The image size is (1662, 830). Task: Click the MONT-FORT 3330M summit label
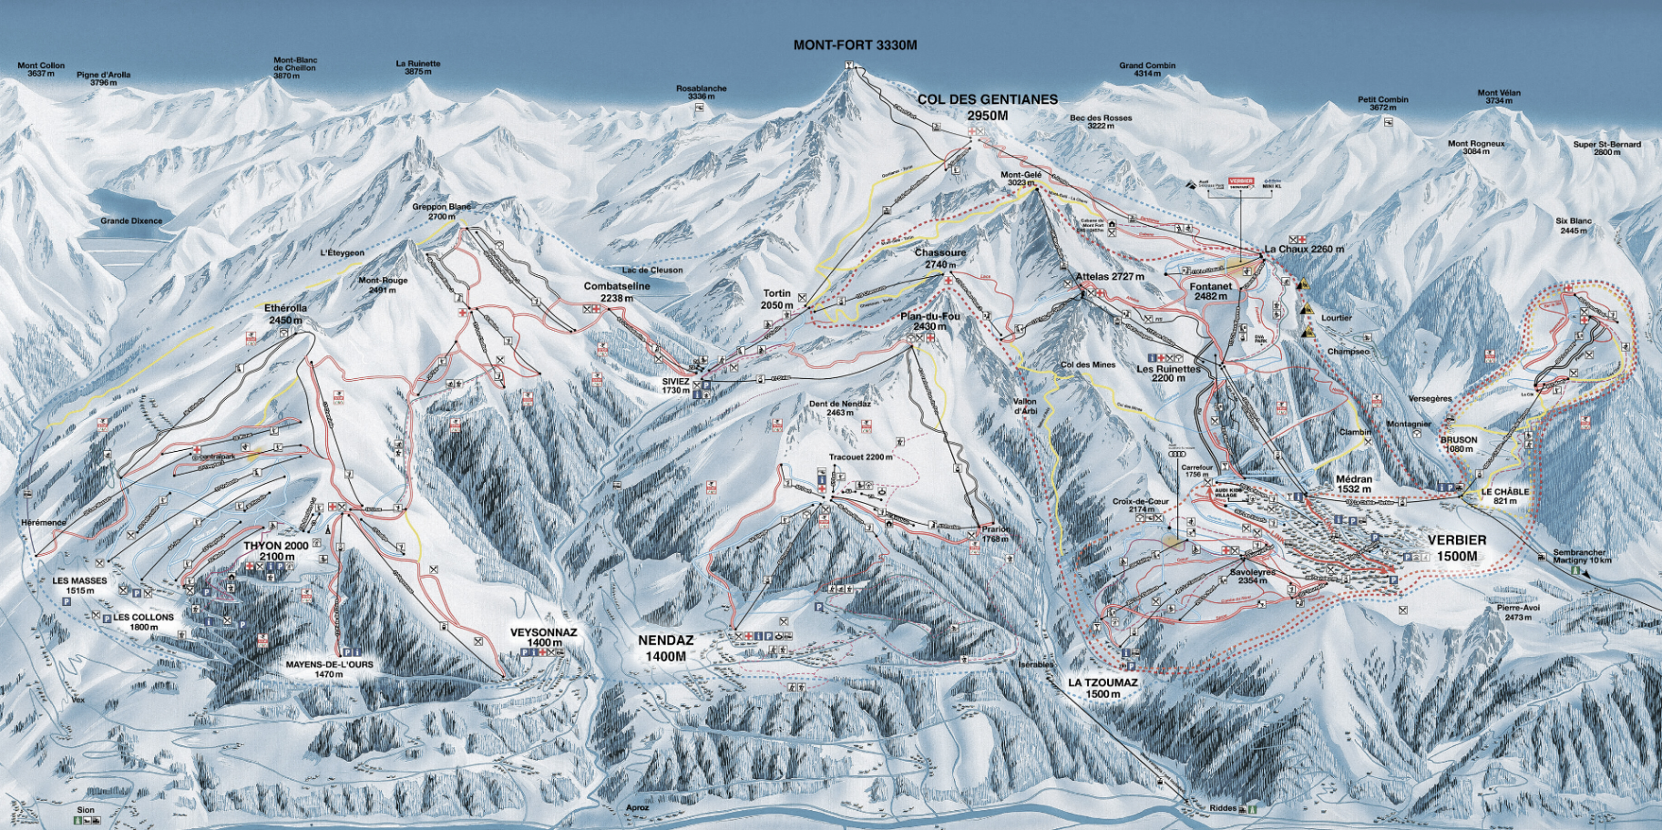(x=855, y=45)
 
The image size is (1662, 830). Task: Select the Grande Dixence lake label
(x=131, y=220)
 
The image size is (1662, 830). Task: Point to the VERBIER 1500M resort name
(x=1457, y=548)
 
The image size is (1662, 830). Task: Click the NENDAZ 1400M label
(x=665, y=648)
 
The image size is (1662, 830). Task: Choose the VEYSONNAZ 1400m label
(x=543, y=637)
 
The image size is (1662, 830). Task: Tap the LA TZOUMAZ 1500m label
(x=1103, y=688)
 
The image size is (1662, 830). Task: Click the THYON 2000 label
(x=275, y=550)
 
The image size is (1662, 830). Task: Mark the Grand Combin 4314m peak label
(x=1147, y=69)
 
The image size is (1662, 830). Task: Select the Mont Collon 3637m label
(x=41, y=69)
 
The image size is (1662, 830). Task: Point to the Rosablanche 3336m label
(x=701, y=92)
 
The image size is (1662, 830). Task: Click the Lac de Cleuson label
(x=651, y=270)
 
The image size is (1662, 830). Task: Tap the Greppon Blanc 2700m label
(x=441, y=211)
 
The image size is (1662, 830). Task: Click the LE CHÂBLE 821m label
(x=1504, y=496)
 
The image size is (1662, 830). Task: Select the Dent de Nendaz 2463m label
(x=839, y=407)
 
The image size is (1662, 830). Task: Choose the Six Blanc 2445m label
(x=1574, y=225)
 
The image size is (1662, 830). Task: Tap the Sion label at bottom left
(x=86, y=809)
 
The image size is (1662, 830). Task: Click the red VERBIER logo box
(x=1241, y=181)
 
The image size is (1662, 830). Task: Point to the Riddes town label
(x=1223, y=808)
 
